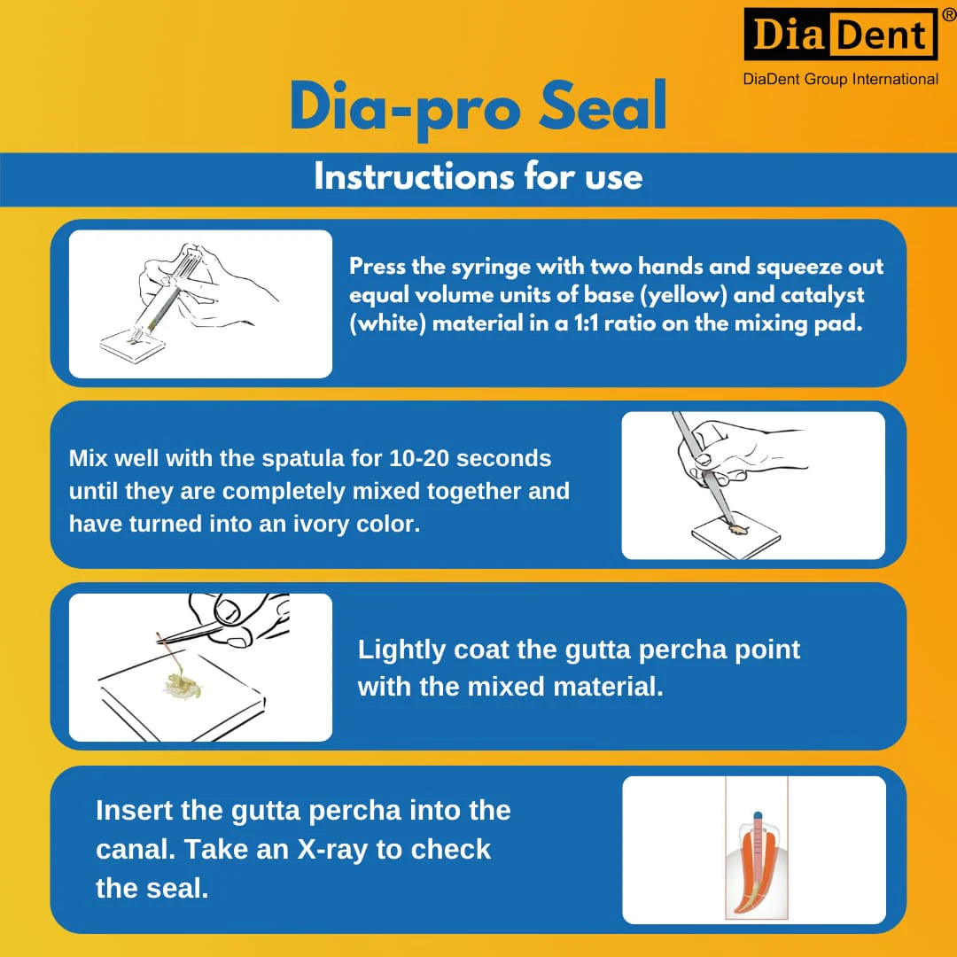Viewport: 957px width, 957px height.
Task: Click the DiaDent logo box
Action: click(x=840, y=35)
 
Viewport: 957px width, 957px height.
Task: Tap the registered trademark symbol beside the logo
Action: click(x=949, y=15)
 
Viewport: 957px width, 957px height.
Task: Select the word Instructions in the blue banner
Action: click(x=414, y=177)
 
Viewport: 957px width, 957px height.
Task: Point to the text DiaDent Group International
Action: click(x=840, y=80)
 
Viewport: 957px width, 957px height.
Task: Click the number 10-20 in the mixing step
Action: click(x=419, y=458)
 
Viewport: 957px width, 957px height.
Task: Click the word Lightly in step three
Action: click(x=401, y=650)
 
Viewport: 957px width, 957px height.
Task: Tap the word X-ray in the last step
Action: click(x=332, y=850)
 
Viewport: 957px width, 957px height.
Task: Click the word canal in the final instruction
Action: click(x=135, y=849)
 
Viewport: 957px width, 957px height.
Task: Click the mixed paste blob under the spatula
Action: click(x=737, y=528)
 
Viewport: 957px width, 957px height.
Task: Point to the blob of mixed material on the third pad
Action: click(x=182, y=686)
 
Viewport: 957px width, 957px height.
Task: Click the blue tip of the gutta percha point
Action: click(x=758, y=815)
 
